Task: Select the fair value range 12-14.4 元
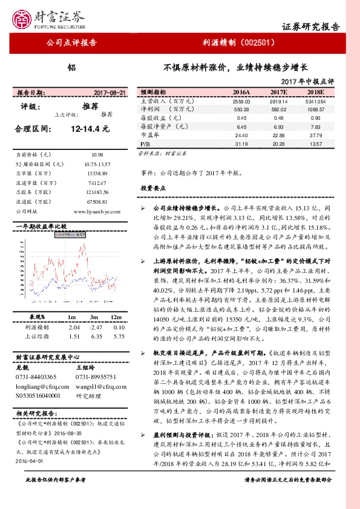(x=89, y=129)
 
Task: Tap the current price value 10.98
(x=97, y=155)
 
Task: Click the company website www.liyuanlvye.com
(x=98, y=212)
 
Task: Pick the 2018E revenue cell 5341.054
(x=316, y=102)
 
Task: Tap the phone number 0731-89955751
(x=96, y=375)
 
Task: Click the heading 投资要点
(x=153, y=188)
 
